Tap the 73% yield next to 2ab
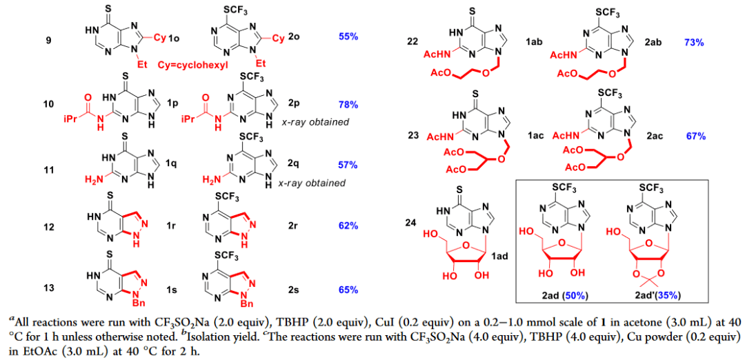(693, 43)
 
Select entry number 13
(48, 288)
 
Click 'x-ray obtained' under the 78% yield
(319, 122)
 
